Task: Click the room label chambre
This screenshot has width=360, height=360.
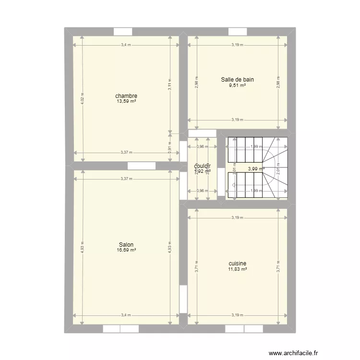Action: (x=126, y=96)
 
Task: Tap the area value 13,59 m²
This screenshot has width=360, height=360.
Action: (x=126, y=101)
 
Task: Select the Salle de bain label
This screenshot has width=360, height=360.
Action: (x=237, y=80)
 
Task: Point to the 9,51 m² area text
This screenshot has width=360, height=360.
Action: (x=237, y=85)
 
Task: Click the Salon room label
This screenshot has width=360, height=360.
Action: (x=126, y=244)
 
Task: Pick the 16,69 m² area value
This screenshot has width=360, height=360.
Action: (x=126, y=250)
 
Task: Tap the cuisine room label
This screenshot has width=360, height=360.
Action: (x=238, y=264)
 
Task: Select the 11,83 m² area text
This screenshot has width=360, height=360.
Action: (x=238, y=269)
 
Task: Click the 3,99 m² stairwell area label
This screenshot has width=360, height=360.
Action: (x=256, y=168)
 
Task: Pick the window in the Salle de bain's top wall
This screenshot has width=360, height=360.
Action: (x=237, y=32)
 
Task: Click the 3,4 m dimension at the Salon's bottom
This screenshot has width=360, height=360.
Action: (x=126, y=315)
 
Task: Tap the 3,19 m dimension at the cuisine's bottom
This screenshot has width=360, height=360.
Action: (x=238, y=315)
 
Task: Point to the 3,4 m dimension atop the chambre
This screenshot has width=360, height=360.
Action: (x=126, y=45)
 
